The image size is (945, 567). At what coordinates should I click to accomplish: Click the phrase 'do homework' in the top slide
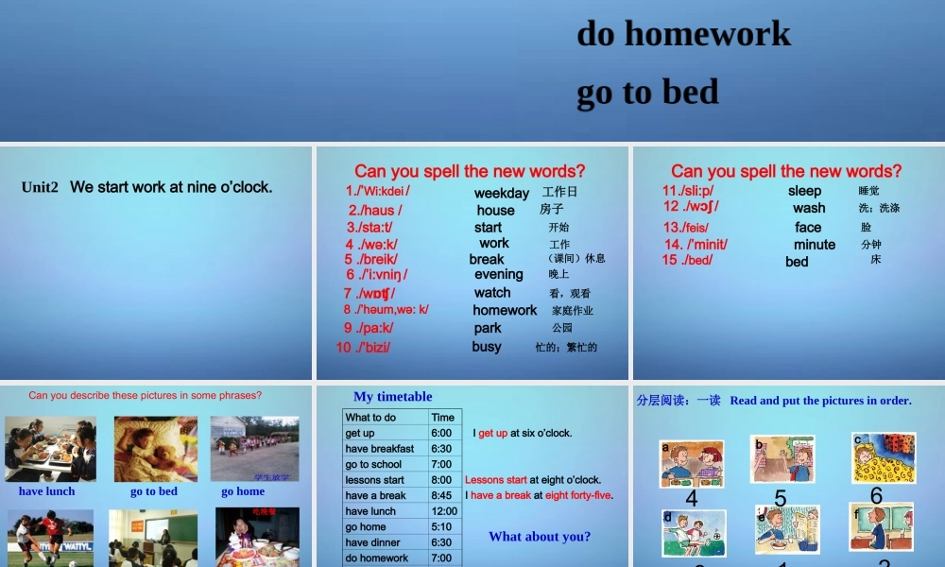683,34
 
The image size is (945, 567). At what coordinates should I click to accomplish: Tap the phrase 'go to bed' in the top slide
647,92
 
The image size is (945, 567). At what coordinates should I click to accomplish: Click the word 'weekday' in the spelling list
501,193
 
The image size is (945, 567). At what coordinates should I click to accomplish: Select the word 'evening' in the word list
498,275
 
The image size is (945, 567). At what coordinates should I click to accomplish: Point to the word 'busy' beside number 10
487,347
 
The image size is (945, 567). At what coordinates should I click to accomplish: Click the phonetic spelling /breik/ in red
370,259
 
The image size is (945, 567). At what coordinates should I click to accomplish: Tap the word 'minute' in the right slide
814,244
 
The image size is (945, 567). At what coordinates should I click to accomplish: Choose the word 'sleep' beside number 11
804,191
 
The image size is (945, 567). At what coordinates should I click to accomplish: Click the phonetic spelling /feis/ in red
686,227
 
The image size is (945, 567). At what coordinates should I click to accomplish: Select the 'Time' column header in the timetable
442,417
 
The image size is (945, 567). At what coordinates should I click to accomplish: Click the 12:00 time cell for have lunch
444,511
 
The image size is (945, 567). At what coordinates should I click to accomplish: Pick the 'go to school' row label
373,464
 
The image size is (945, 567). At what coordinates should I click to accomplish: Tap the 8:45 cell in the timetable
441,495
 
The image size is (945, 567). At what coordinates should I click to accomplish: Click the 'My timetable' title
392,397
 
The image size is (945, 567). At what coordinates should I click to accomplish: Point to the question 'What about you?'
540,537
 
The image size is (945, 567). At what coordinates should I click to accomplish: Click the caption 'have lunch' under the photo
46,491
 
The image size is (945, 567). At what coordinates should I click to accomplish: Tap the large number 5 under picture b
780,498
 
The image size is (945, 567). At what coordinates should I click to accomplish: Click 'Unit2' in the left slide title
40,187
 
